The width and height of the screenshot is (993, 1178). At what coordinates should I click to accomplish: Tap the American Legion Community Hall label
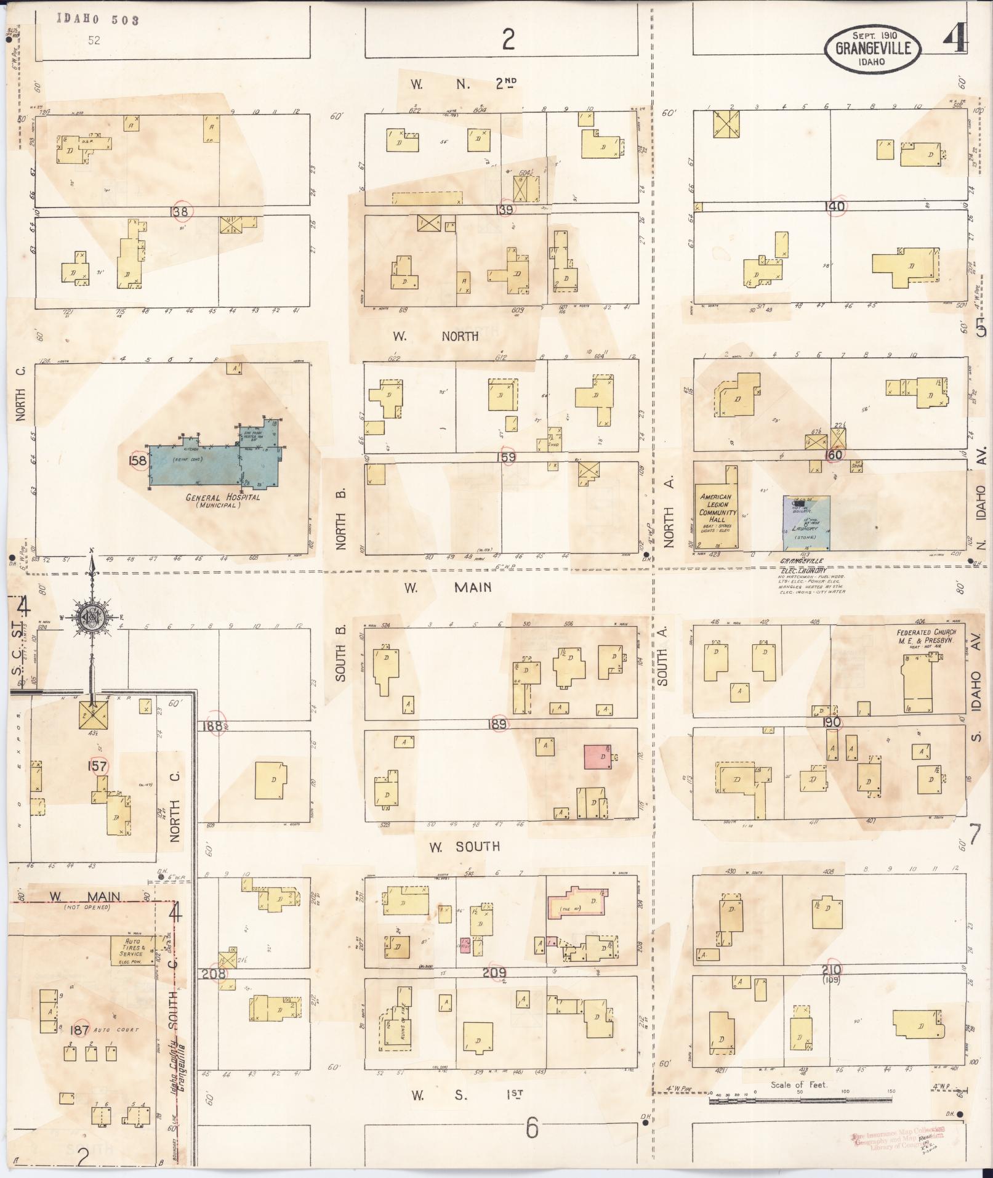click(x=717, y=507)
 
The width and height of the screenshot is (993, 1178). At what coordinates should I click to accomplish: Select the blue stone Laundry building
click(x=806, y=523)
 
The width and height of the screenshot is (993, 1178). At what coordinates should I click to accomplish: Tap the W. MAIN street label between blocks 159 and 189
click(x=448, y=587)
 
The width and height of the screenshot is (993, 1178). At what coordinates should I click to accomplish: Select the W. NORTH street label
click(x=435, y=336)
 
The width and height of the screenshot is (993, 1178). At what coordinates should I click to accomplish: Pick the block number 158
click(x=138, y=461)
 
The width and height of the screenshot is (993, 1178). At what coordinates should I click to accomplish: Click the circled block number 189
click(x=497, y=725)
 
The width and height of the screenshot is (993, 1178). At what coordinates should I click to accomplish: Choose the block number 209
click(x=494, y=973)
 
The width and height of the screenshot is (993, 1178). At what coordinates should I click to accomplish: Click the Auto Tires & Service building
click(x=131, y=949)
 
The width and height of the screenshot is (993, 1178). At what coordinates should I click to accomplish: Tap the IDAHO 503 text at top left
click(x=98, y=20)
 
